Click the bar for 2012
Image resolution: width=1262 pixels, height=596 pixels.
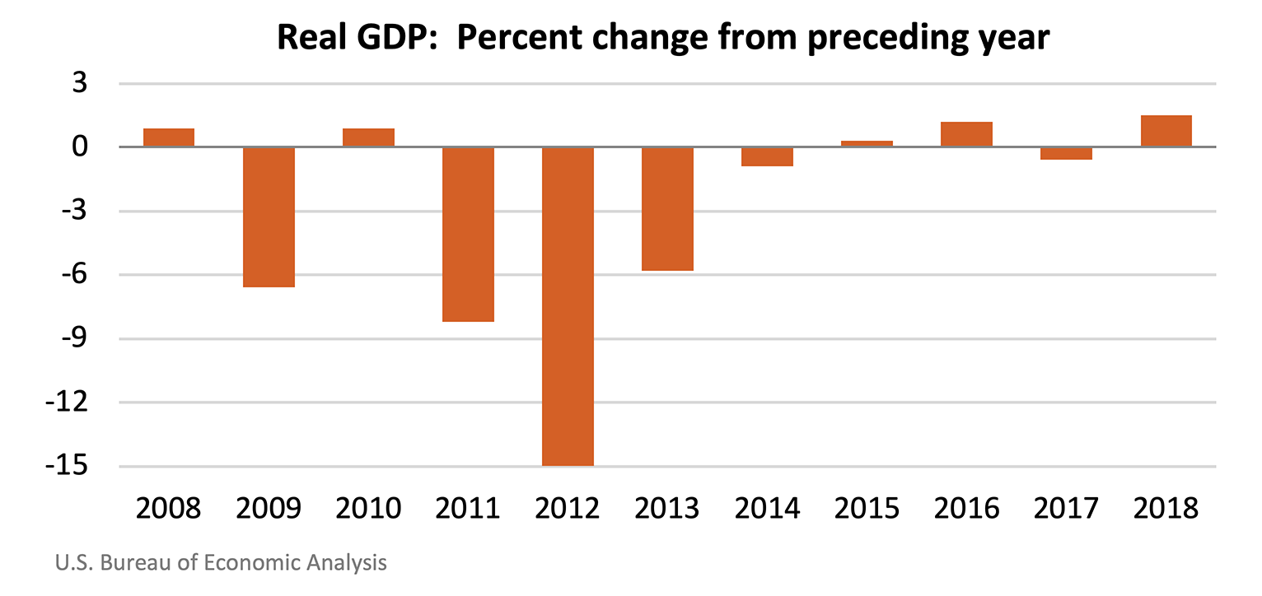pyautogui.click(x=568, y=306)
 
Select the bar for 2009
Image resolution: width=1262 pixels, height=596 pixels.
pyautogui.click(x=269, y=217)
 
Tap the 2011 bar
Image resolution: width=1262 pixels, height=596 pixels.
pyautogui.click(x=468, y=235)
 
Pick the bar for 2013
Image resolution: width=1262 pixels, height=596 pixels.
pyautogui.click(x=667, y=209)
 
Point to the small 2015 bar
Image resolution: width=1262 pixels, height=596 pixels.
pyautogui.click(x=867, y=144)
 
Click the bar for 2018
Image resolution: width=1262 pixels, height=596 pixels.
pyautogui.click(x=1166, y=132)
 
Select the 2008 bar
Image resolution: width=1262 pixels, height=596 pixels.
pyautogui.click(x=169, y=138)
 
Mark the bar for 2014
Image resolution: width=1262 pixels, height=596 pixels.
pyautogui.click(x=767, y=156)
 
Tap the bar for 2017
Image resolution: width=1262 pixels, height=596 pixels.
pyautogui.click(x=1066, y=153)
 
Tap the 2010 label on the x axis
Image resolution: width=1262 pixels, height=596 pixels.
pyautogui.click(x=368, y=508)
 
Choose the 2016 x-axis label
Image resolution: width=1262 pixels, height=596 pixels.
pyautogui.click(x=966, y=508)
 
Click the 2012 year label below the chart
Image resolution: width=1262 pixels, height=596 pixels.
pyautogui.click(x=568, y=508)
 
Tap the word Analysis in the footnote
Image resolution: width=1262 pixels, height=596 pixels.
pyautogui.click(x=346, y=563)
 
